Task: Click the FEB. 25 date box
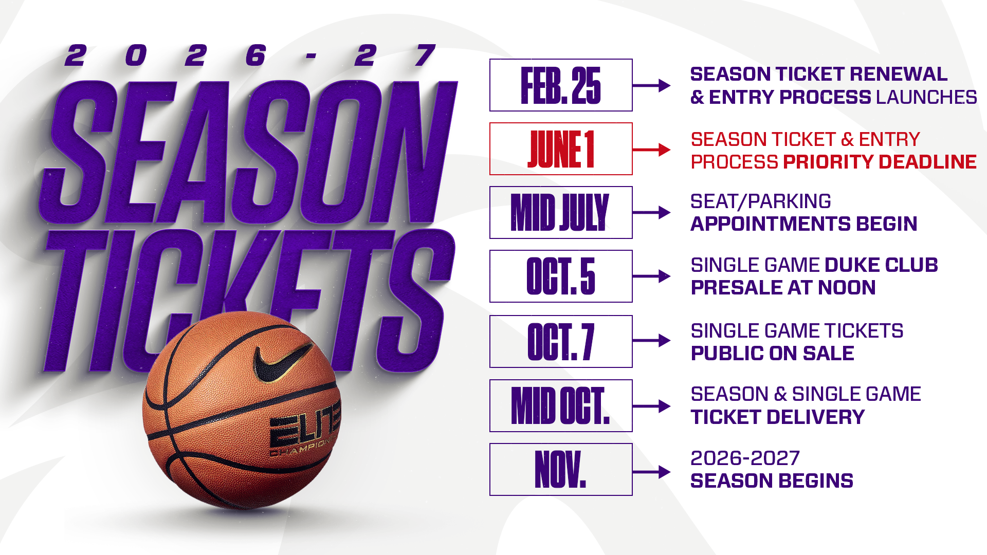(561, 85)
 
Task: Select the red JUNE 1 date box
(561, 149)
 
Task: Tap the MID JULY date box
(561, 213)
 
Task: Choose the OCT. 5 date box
(561, 276)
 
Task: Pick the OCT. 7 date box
(561, 342)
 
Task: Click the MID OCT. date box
(561, 406)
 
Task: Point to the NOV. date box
(561, 470)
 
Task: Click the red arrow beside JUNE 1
(652, 150)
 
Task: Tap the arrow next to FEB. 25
(652, 85)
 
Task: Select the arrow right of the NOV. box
(652, 472)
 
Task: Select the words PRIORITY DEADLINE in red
(880, 162)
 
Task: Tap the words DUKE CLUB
(882, 265)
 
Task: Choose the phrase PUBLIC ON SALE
(772, 354)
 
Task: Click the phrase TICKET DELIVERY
(777, 417)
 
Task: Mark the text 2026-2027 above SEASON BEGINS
(745, 458)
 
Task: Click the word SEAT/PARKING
(760, 201)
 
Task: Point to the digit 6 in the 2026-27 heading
(255, 55)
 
